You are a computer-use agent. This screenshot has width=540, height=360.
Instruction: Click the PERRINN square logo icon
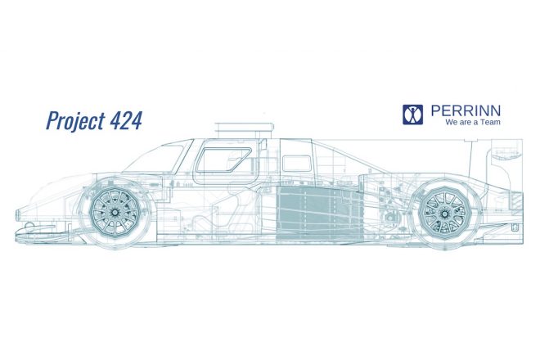coord(412,115)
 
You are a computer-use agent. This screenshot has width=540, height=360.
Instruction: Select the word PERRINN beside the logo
coord(466,111)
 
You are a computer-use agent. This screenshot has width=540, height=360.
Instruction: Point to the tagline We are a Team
coord(473,122)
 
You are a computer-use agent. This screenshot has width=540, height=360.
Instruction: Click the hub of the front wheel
coord(114,213)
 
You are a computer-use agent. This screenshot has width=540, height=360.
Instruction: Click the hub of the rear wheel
coord(445,214)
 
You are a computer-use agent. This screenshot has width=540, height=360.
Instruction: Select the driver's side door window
coord(223,160)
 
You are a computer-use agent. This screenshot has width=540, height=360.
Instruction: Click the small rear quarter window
coord(296,164)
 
